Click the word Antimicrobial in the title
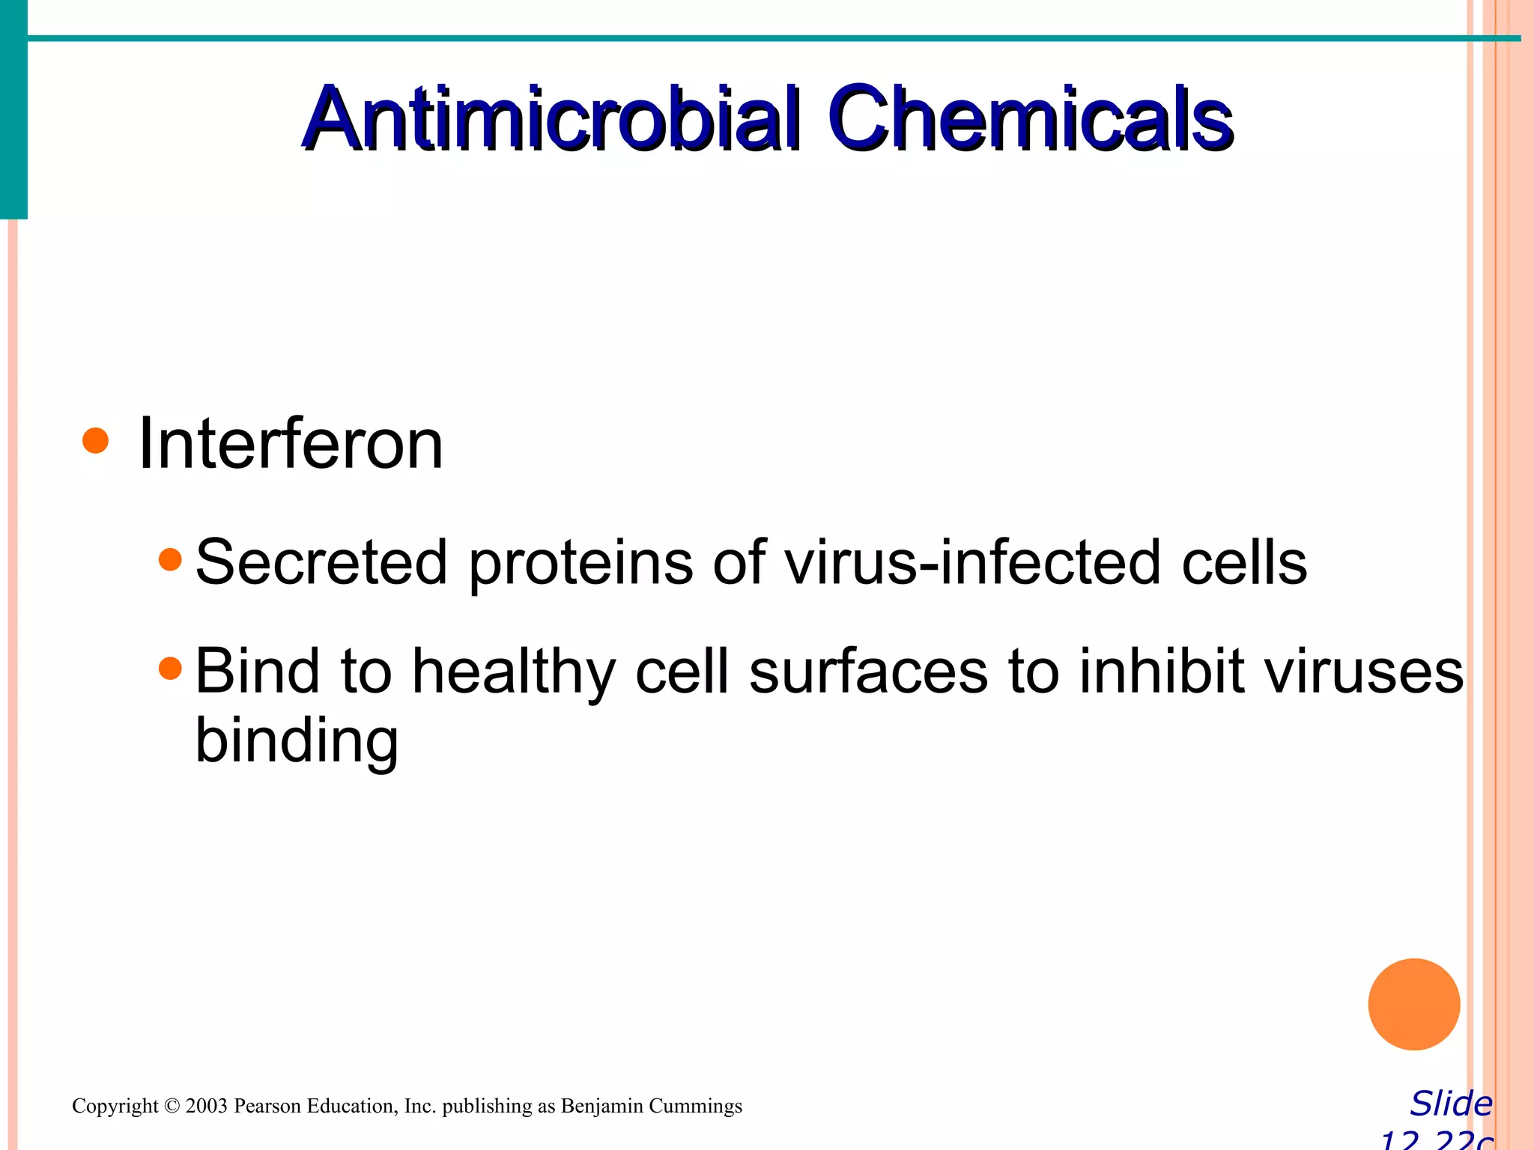552,120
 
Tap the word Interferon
291,445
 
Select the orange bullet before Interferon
96,441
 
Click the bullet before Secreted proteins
171,559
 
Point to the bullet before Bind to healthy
171,668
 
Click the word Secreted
321,562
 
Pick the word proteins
581,562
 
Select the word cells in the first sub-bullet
1244,562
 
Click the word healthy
514,672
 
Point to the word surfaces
868,672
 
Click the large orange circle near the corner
1413,1004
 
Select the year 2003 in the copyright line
206,1106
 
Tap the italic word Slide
1451,1104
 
